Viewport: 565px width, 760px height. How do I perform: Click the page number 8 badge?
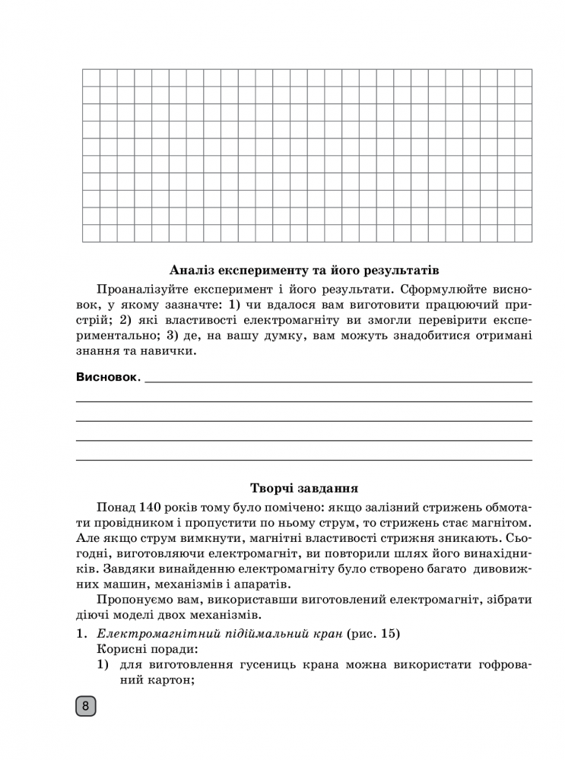tap(84, 707)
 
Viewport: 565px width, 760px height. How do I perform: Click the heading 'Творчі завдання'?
tap(304, 488)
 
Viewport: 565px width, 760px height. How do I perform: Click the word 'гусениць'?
tap(284, 666)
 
